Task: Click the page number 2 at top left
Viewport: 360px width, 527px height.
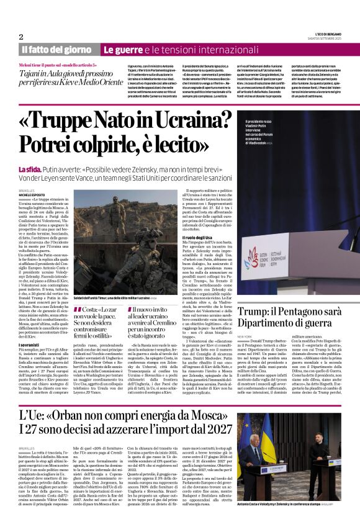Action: coord(21,36)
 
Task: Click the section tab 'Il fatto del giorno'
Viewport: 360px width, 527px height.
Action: coord(56,49)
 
